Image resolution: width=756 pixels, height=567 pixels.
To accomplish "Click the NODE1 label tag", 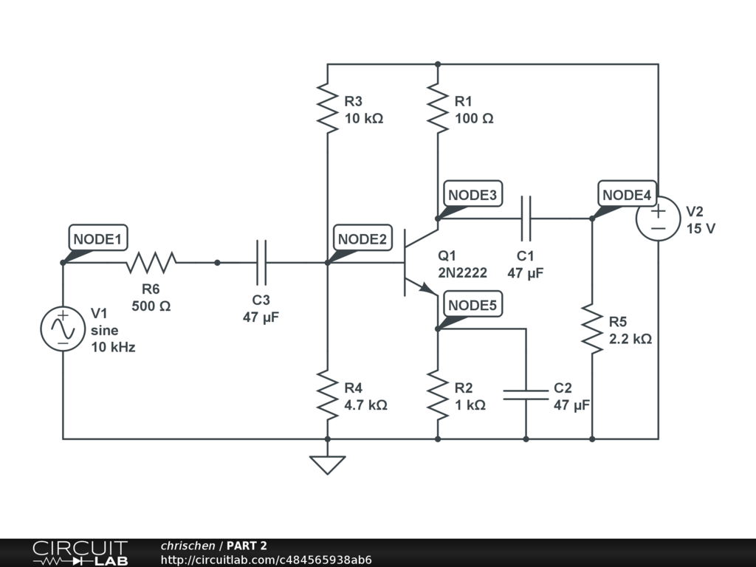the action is click(x=98, y=238).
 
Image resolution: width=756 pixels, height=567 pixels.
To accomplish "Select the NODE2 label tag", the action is click(x=362, y=238).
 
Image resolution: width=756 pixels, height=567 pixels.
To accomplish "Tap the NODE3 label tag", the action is click(x=472, y=194).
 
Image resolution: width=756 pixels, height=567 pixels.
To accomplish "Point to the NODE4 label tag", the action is click(x=627, y=194).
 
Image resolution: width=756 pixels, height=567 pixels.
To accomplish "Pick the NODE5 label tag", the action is click(x=472, y=304).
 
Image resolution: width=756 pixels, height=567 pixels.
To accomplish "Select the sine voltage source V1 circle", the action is click(x=63, y=329).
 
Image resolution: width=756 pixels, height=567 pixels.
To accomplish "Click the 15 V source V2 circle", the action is click(x=658, y=219).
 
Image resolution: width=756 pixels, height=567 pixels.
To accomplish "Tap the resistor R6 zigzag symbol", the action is click(x=151, y=262).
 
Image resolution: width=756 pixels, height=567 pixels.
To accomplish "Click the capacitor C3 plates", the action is click(x=261, y=262).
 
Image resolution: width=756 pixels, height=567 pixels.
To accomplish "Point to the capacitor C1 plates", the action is click(x=526, y=219).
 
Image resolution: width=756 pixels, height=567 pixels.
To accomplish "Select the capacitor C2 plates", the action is click(x=526, y=395).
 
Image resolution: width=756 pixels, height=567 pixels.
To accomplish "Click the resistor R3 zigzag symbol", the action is click(x=327, y=108).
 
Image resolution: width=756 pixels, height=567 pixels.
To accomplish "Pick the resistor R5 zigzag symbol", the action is click(x=592, y=329).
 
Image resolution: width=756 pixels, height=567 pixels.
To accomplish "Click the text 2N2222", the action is click(x=462, y=273).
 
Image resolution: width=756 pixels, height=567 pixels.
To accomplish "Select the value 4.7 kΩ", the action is click(x=365, y=405).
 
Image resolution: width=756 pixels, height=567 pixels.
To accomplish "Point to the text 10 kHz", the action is click(x=113, y=347).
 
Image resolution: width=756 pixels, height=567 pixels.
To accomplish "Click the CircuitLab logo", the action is click(x=80, y=553).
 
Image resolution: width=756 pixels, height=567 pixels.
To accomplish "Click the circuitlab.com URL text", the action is click(x=266, y=560).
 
